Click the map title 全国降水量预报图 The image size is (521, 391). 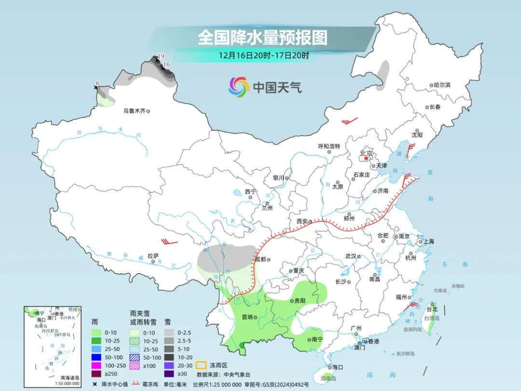[x=262, y=37]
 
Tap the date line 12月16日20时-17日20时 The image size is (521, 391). [x=263, y=55]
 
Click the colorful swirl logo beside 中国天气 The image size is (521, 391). [x=239, y=87]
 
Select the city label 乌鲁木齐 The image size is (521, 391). [x=134, y=111]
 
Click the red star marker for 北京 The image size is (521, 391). [x=367, y=158]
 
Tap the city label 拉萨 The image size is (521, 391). [x=153, y=256]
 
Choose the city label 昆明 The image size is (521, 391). [x=247, y=317]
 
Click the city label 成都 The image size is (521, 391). [x=261, y=259]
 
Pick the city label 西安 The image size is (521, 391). [x=302, y=221]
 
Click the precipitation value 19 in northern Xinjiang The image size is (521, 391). [x=161, y=56]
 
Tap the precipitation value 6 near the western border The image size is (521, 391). [x=97, y=84]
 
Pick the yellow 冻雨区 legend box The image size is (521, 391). [x=201, y=365]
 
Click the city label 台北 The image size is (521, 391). [x=432, y=309]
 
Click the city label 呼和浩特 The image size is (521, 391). [x=329, y=146]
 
